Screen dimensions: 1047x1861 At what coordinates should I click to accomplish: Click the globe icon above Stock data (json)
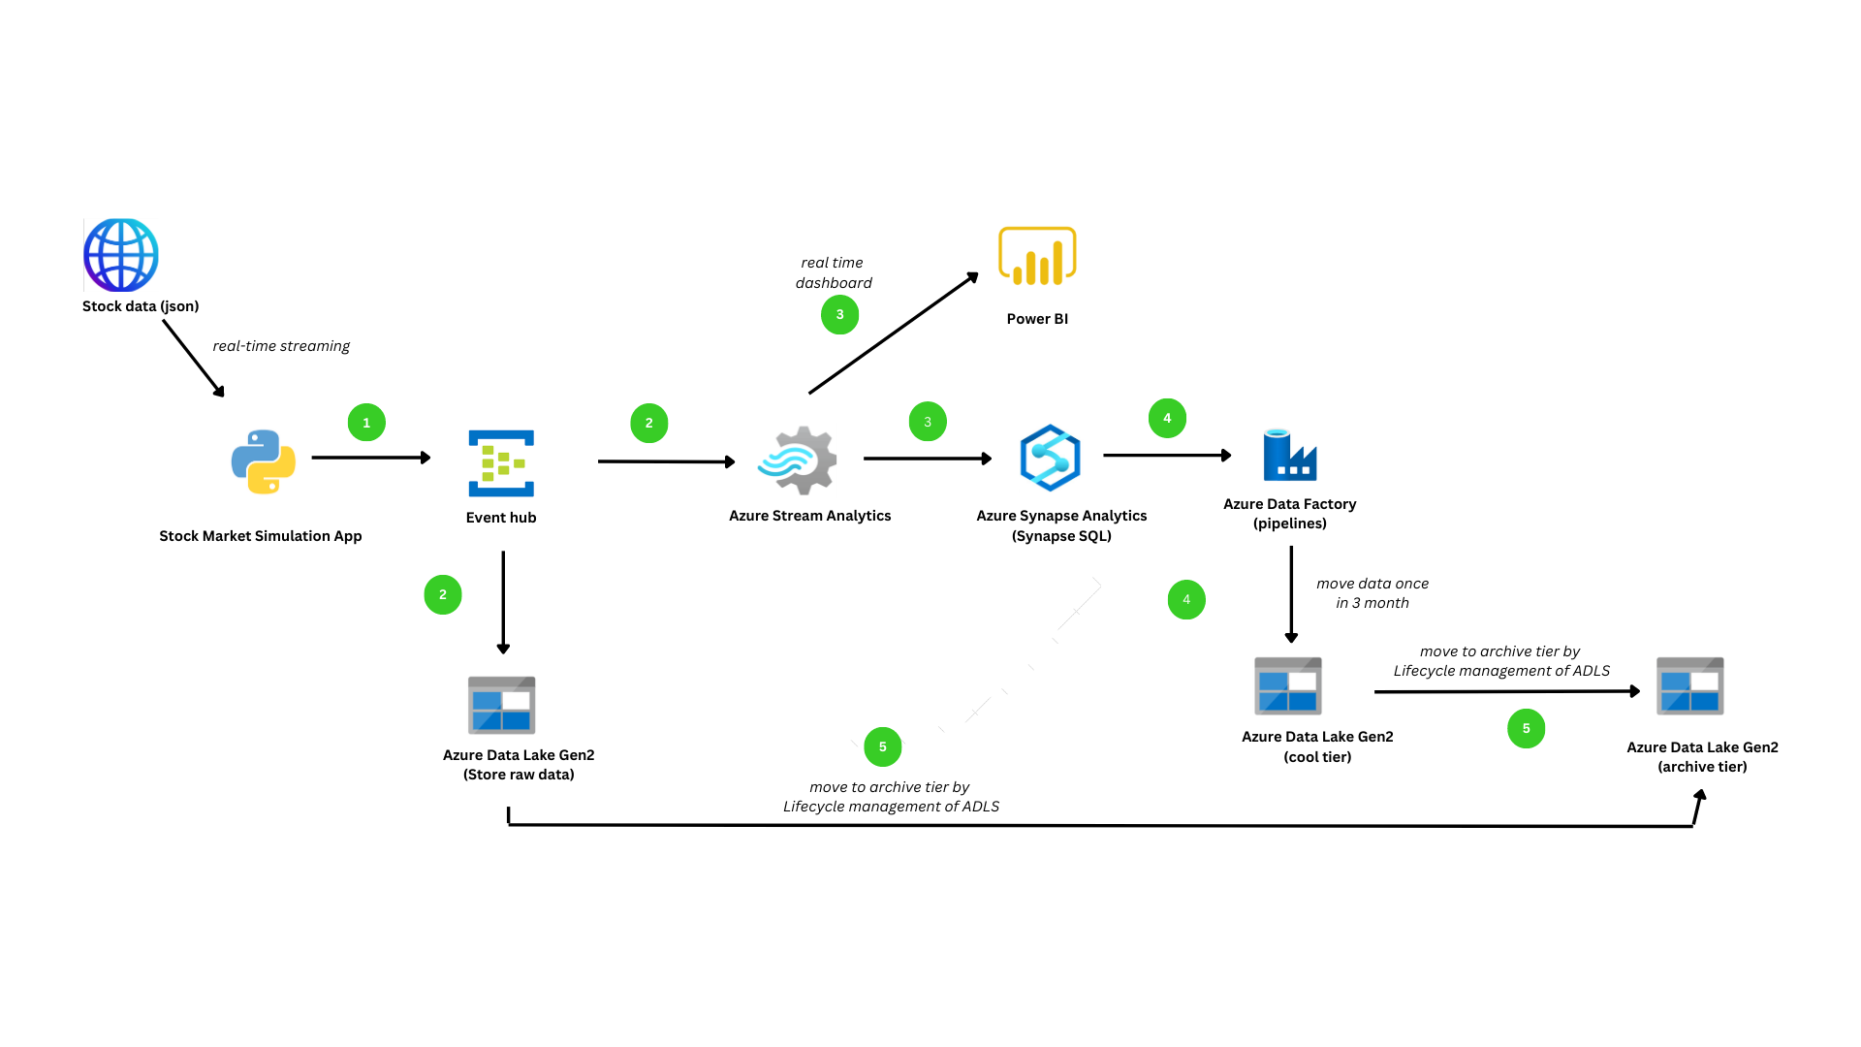point(121,255)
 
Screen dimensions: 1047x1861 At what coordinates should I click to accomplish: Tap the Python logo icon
point(264,462)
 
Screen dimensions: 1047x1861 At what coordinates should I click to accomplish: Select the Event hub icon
point(501,463)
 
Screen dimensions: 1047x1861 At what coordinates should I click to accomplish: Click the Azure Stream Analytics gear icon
point(799,460)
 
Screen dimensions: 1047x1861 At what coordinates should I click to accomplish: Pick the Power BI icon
point(1037,257)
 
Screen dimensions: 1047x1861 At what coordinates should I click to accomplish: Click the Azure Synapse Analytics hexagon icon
point(1050,458)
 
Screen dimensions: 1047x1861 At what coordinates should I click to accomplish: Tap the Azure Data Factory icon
point(1290,456)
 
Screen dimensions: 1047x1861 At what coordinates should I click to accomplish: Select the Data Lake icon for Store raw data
point(501,705)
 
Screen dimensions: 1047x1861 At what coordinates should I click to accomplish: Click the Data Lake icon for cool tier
point(1287,685)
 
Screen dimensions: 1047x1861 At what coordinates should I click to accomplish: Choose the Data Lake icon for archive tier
point(1689,686)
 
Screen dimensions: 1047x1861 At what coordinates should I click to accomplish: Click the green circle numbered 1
point(366,423)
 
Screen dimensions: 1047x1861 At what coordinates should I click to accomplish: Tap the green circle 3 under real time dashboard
point(839,315)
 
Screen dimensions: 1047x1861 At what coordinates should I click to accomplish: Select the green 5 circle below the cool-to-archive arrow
point(1526,729)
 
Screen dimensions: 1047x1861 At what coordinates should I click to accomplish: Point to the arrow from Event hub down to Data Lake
point(503,601)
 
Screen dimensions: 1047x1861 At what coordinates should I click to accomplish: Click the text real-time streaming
point(281,346)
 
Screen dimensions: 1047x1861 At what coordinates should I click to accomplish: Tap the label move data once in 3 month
point(1372,593)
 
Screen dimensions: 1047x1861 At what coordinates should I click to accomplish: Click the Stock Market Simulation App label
point(260,536)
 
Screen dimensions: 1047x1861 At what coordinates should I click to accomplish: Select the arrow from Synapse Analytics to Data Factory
point(1166,455)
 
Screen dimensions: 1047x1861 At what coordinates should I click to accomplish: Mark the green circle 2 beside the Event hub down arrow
point(443,595)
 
